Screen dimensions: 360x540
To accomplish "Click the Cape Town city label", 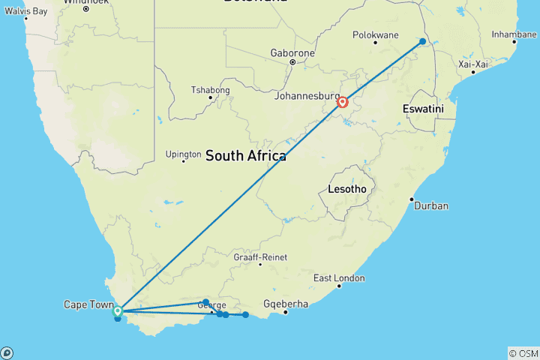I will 88,304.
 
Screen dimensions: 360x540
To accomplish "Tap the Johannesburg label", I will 307,96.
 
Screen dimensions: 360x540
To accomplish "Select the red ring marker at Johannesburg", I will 343,102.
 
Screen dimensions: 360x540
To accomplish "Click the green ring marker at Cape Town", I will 118,310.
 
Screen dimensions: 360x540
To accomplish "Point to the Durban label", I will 431,205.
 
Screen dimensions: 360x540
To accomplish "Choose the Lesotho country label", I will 346,189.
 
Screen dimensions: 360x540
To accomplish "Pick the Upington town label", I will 184,155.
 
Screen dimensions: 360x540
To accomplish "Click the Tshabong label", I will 211,90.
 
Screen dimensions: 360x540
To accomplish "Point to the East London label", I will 339,278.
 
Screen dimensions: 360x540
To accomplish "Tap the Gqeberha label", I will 286,304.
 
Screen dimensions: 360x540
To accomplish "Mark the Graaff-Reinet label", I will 260,257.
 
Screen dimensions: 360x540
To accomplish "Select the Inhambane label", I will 514,34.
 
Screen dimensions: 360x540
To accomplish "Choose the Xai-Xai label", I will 473,64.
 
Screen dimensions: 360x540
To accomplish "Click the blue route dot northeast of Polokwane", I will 423,41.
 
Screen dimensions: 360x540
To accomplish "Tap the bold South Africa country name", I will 245,156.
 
